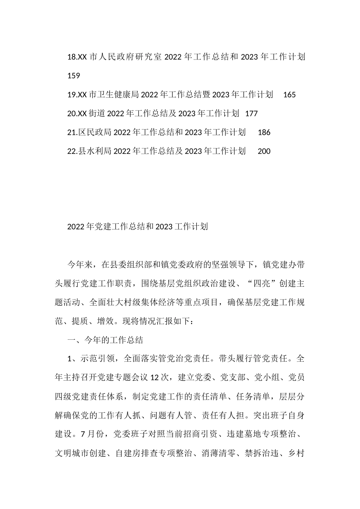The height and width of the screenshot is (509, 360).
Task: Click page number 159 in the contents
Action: coord(74,76)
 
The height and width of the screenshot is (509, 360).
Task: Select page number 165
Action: coord(289,95)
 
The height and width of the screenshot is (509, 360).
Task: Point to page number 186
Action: coord(264,132)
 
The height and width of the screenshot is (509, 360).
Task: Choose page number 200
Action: coord(264,151)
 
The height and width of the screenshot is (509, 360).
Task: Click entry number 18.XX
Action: coord(77,57)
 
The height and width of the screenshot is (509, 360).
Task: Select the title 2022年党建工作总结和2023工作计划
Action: coord(137,227)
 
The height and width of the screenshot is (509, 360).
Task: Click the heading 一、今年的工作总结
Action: coord(105,340)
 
